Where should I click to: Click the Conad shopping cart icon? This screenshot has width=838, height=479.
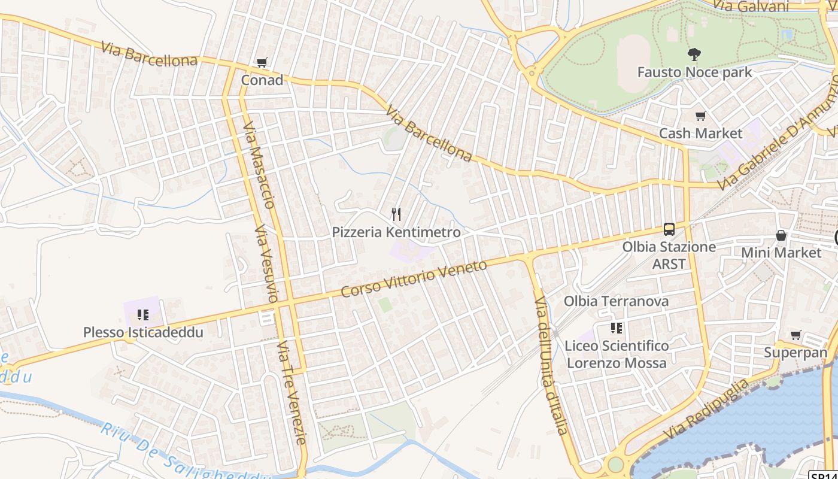(x=262, y=63)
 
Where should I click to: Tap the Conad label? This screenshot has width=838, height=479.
(x=262, y=80)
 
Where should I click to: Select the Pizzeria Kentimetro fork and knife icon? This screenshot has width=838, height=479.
(x=396, y=214)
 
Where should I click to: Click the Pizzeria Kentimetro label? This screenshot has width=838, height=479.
(x=396, y=232)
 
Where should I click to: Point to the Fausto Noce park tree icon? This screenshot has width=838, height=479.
(x=694, y=54)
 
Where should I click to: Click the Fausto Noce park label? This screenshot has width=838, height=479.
(x=694, y=72)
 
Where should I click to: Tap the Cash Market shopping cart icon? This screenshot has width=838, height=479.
(x=700, y=116)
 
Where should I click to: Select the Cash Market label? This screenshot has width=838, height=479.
(x=700, y=133)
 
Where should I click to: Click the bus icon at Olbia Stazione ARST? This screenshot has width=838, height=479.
(x=669, y=229)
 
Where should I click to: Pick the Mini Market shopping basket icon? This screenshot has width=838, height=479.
(x=781, y=235)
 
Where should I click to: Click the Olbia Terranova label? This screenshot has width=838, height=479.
(x=616, y=301)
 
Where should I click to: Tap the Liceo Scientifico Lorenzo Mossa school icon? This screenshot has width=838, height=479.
(x=617, y=328)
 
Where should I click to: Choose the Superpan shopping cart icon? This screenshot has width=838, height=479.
(x=796, y=335)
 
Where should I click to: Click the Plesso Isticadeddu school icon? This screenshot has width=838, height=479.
(x=142, y=314)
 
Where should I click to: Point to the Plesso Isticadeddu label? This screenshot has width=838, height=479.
(x=143, y=332)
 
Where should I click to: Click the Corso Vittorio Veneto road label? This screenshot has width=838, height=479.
(x=414, y=278)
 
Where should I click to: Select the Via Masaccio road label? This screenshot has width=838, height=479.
(x=259, y=165)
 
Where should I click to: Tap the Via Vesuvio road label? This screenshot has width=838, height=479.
(x=267, y=263)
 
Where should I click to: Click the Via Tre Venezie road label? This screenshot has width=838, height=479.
(x=292, y=392)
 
